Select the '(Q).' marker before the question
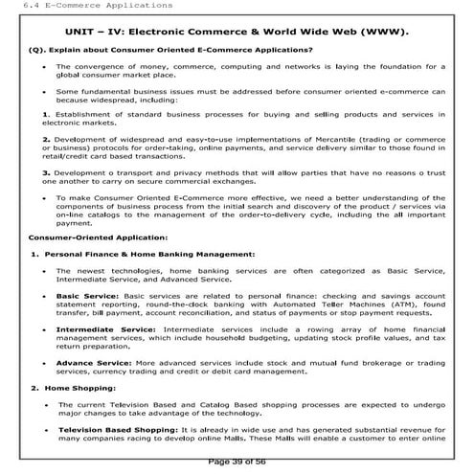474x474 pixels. pyautogui.click(x=38, y=49)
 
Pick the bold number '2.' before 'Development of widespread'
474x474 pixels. pyautogui.click(x=33, y=139)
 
